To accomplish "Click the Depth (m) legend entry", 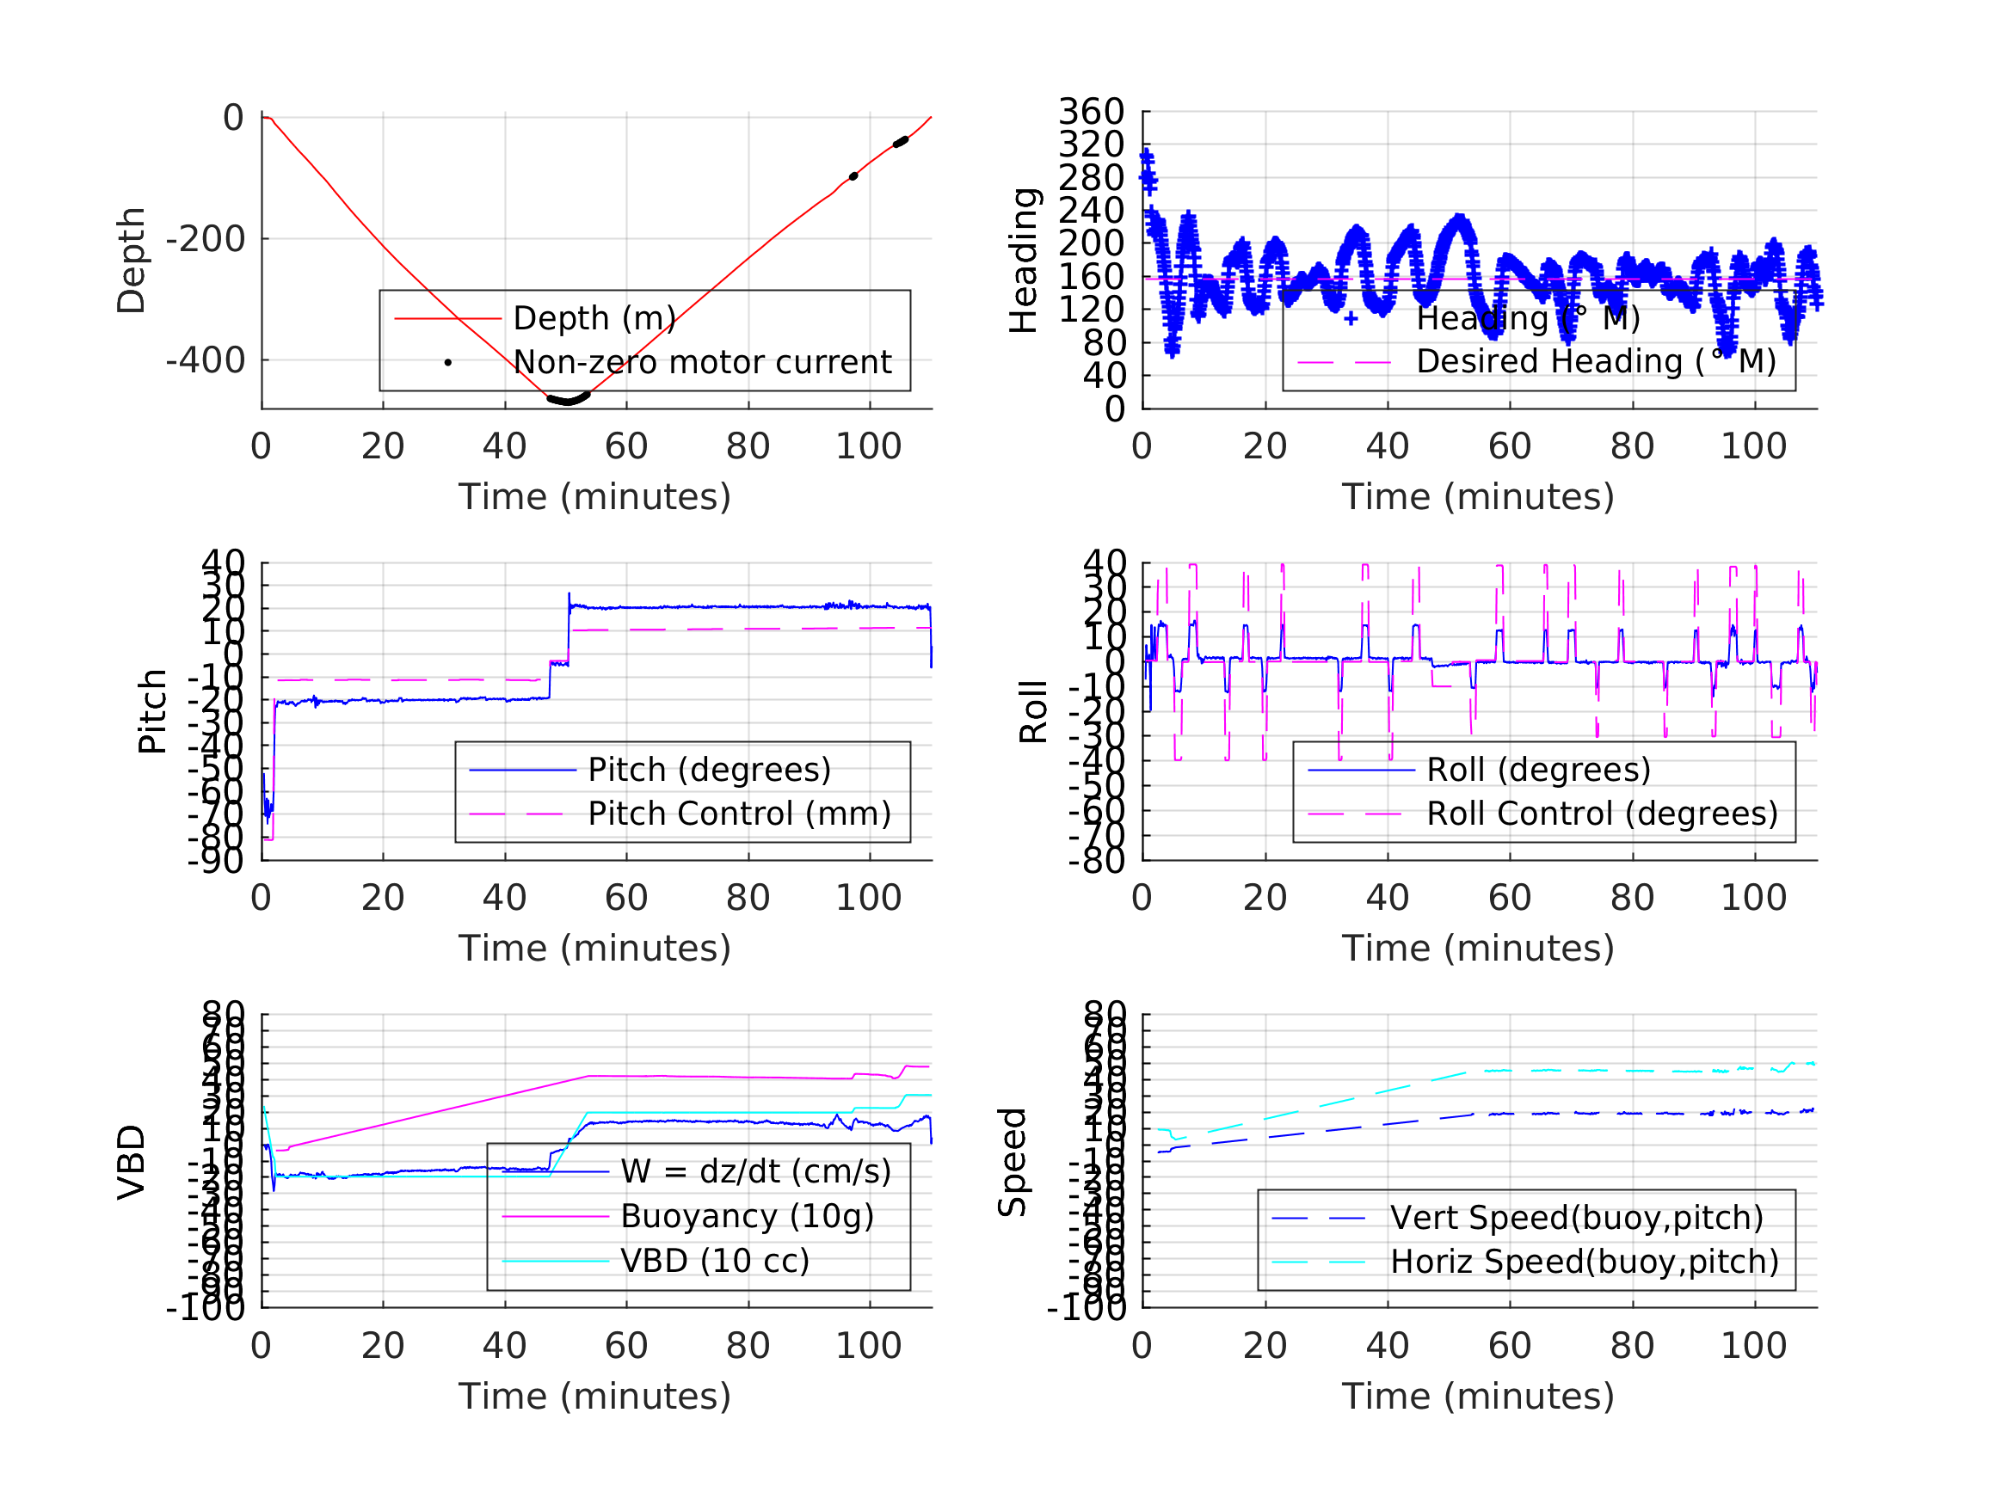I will tap(594, 318).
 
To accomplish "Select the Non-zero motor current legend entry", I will tap(702, 363).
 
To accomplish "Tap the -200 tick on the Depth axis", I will tap(205, 239).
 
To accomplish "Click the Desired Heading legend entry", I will tap(1596, 362).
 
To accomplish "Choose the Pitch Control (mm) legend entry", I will tap(740, 814).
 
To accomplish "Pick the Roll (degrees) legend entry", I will tap(1539, 771).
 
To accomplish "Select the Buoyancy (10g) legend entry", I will tap(747, 1217).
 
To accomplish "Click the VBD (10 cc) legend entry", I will tap(715, 1261).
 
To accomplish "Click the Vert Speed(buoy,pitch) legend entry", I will tap(1577, 1219).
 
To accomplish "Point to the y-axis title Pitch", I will tap(152, 711).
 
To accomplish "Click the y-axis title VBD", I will tap(132, 1163).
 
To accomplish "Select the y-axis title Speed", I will tap(1013, 1162).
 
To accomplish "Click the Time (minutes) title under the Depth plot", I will tap(594, 497).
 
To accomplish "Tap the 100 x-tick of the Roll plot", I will tap(1753, 898).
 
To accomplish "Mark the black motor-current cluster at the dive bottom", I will tap(569, 399).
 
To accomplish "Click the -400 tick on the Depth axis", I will tap(205, 361).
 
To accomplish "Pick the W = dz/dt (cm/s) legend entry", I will tap(756, 1172).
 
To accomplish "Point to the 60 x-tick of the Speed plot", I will tap(1510, 1346).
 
